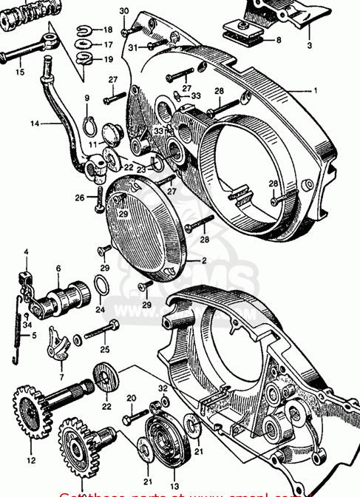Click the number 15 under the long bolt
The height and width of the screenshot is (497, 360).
click(x=20, y=72)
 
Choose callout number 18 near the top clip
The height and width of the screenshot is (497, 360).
click(x=107, y=30)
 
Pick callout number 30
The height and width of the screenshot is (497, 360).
click(x=123, y=10)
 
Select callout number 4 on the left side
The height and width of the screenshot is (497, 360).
click(x=26, y=252)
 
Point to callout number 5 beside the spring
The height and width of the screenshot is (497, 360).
click(x=33, y=335)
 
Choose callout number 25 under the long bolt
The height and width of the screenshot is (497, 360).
click(x=103, y=349)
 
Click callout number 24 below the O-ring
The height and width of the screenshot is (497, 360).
click(x=100, y=309)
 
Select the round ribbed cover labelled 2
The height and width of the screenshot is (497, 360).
click(x=149, y=230)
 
